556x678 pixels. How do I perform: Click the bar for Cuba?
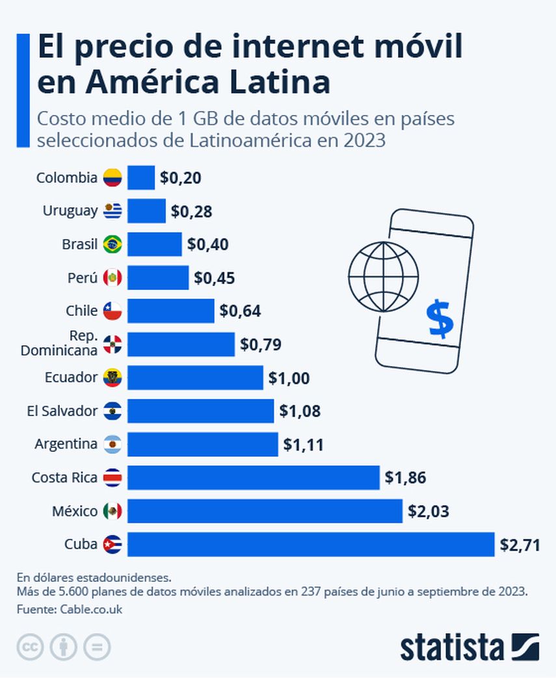pyautogui.click(x=311, y=544)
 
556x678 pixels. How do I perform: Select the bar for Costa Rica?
pyautogui.click(x=253, y=478)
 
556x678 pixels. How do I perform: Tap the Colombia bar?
pyautogui.click(x=141, y=177)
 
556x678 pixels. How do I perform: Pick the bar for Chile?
pyautogui.click(x=170, y=311)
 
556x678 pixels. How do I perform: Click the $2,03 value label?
pyautogui.click(x=428, y=511)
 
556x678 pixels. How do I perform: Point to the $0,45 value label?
pyautogui.click(x=214, y=278)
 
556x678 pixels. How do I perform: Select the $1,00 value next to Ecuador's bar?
pyautogui.click(x=289, y=378)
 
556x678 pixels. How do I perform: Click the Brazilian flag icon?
pyautogui.click(x=112, y=244)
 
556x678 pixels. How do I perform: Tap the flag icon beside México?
pyautogui.click(x=112, y=512)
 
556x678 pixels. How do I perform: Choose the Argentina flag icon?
pyautogui.click(x=112, y=445)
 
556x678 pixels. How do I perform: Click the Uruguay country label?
pyautogui.click(x=70, y=211)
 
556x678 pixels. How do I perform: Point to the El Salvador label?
pyautogui.click(x=62, y=411)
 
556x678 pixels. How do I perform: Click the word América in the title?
pyautogui.click(x=163, y=83)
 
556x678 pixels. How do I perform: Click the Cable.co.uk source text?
pyautogui.click(x=91, y=609)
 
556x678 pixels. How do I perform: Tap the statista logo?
pyautogui.click(x=469, y=647)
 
